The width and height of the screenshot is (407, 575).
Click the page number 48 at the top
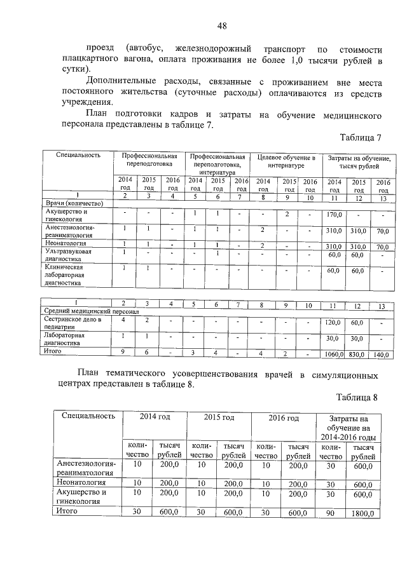click(222, 26)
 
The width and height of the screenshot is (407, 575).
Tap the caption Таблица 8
click(357, 398)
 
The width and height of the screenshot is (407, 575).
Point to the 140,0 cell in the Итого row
click(382, 354)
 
